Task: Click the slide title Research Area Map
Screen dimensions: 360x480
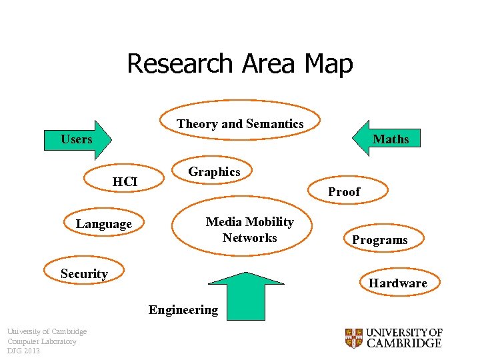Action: pyautogui.click(x=239, y=64)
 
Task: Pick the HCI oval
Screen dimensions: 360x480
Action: pyautogui.click(x=125, y=181)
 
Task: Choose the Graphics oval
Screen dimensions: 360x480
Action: pyautogui.click(x=214, y=172)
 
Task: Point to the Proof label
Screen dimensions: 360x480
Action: pyautogui.click(x=344, y=192)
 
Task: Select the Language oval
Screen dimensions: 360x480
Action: pyautogui.click(x=104, y=224)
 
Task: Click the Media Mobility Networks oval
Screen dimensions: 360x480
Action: pyautogui.click(x=249, y=228)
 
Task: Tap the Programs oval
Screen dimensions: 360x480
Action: pyautogui.click(x=380, y=240)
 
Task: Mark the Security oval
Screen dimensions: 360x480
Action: pyautogui.click(x=85, y=273)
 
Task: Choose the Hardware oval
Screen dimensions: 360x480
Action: pyautogui.click(x=398, y=283)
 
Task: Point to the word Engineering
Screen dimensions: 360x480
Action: pyautogui.click(x=183, y=310)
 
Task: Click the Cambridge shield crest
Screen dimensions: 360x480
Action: pyautogui.click(x=353, y=338)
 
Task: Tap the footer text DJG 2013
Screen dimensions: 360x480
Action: pyautogui.click(x=23, y=351)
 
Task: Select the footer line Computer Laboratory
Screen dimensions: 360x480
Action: pyautogui.click(x=41, y=341)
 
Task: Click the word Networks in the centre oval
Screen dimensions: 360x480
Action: pyautogui.click(x=250, y=238)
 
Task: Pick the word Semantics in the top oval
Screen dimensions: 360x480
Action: pyautogui.click(x=275, y=124)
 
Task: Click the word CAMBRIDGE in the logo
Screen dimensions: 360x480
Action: pyautogui.click(x=404, y=343)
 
